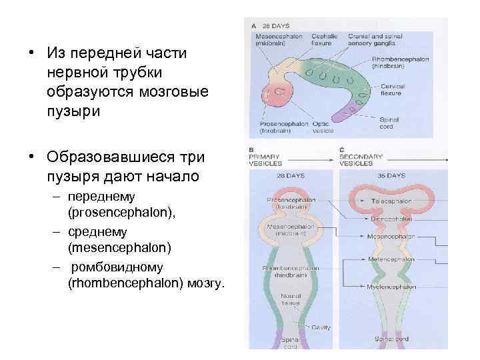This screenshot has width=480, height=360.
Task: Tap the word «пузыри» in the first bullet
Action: tap(74, 111)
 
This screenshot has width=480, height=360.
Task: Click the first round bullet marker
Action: tap(31, 52)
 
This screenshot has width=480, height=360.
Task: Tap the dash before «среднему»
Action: tap(59, 231)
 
